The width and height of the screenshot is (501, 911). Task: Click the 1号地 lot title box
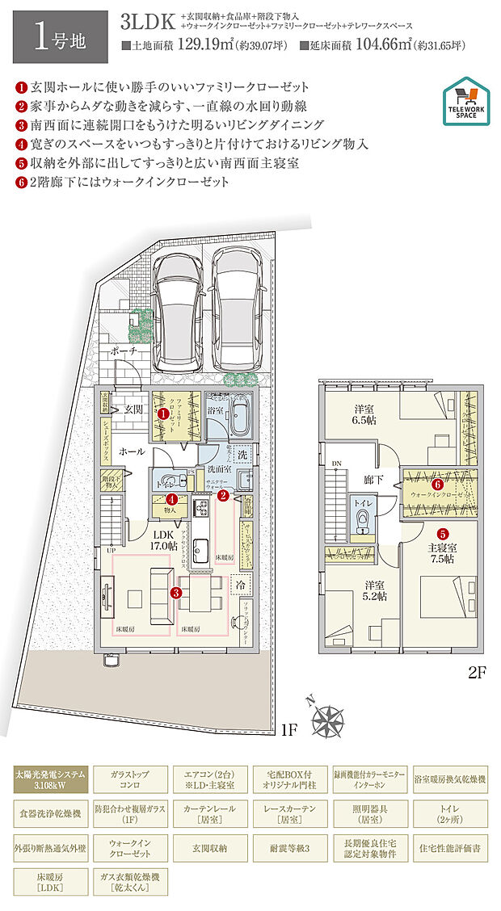[x=55, y=33]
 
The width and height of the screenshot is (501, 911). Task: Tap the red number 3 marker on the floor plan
[x=176, y=592]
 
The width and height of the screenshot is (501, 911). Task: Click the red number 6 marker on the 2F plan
[x=437, y=485]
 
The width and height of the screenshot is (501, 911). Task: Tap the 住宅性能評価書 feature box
[x=450, y=849]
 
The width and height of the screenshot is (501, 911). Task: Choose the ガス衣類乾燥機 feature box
[x=129, y=883]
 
